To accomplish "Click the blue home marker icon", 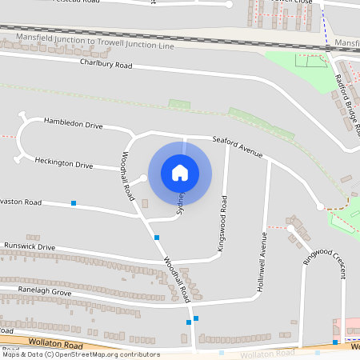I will click(180, 172).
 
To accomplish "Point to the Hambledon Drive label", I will click(74, 126).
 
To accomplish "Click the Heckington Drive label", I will click(64, 162).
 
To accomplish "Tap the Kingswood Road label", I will click(225, 224).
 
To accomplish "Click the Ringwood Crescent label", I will click(323, 268).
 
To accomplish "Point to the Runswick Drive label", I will click(29, 247).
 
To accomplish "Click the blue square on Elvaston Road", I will click(74, 203).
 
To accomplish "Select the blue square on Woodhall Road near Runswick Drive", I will click(157, 238).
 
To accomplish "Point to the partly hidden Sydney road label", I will click(181, 203).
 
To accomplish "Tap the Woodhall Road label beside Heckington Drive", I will click(128, 176).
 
